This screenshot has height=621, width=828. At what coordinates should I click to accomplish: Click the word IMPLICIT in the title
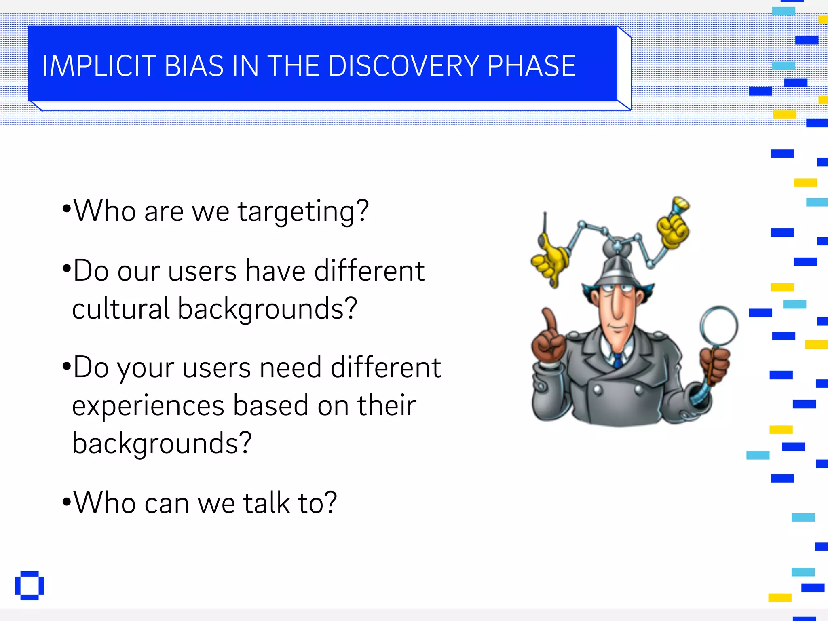tap(99, 66)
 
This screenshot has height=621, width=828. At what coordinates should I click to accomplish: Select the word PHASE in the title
tap(531, 66)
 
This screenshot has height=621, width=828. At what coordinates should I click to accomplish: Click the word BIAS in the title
tap(194, 66)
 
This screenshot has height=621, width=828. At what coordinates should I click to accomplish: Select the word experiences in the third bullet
tap(148, 406)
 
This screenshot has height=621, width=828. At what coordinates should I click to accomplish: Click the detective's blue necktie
tap(618, 359)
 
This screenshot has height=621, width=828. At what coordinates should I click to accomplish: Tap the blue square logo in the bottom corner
tap(30, 585)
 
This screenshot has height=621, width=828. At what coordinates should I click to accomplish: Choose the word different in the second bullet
tap(369, 271)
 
